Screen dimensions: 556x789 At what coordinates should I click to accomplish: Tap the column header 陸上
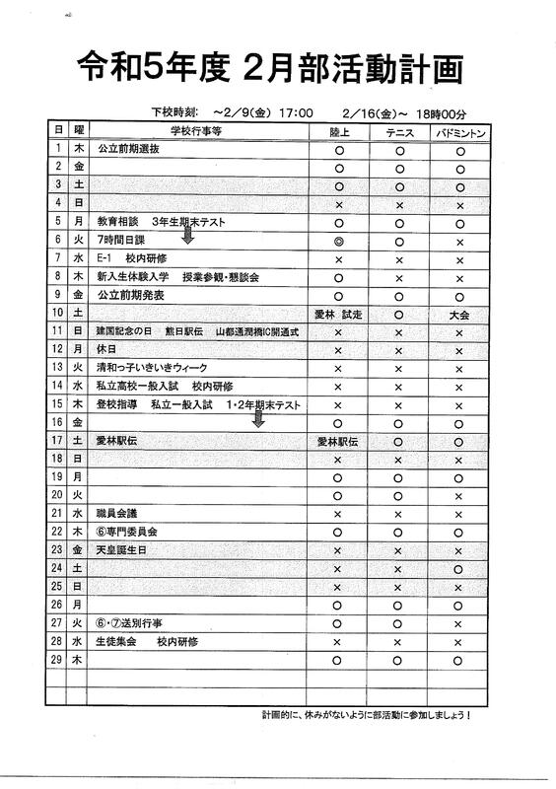click(338, 130)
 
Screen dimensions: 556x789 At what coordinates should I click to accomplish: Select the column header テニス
click(399, 130)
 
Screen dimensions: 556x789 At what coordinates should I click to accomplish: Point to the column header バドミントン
click(458, 130)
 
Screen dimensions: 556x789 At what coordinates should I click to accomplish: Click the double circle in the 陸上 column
click(338, 240)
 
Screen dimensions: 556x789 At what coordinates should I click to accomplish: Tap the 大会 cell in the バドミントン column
click(458, 313)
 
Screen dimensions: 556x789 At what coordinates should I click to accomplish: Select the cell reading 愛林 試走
click(338, 313)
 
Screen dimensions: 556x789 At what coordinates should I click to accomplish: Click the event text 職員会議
click(117, 513)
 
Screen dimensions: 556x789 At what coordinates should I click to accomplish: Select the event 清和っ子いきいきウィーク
click(152, 368)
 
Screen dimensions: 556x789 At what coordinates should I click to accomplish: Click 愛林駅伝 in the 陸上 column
click(338, 441)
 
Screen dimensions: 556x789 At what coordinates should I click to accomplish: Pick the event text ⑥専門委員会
click(128, 532)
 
